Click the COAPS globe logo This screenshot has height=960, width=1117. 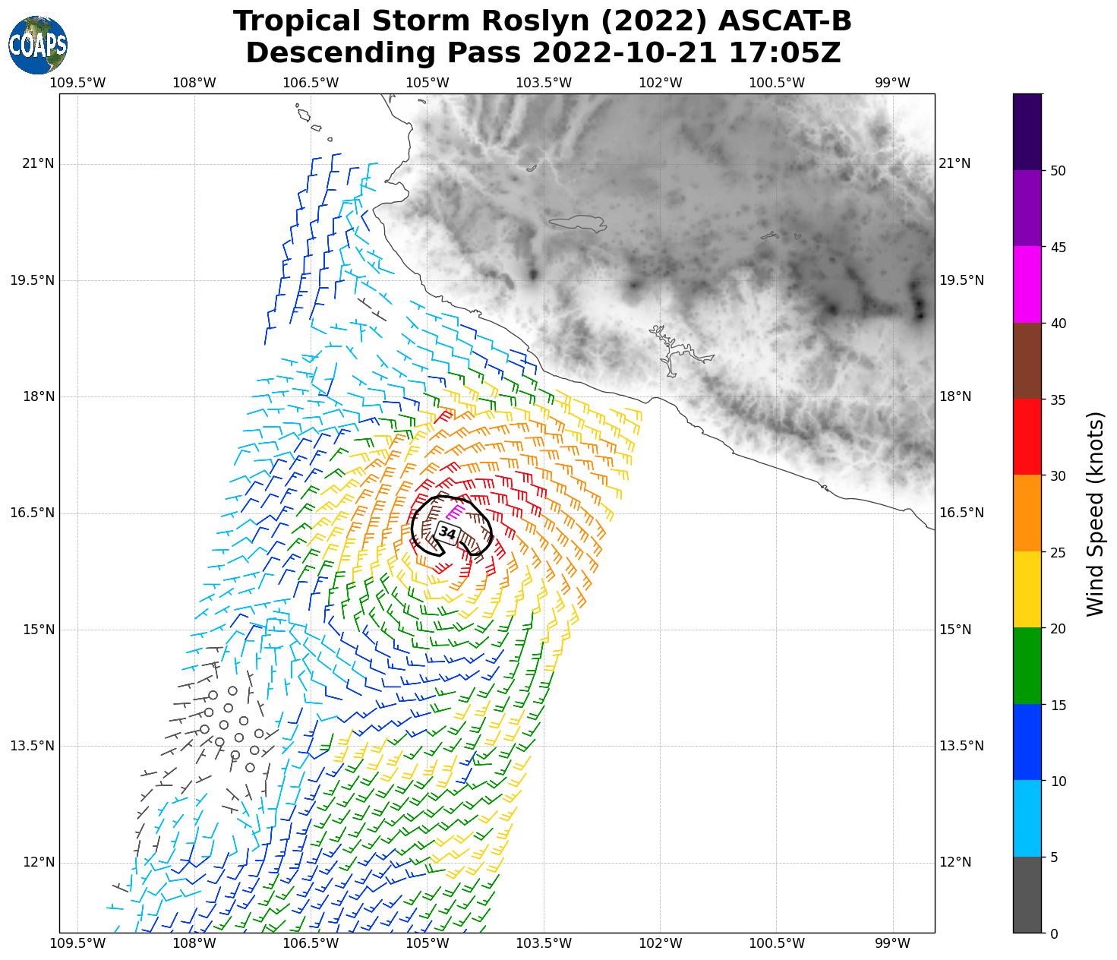(38, 45)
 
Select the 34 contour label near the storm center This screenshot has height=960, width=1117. (447, 532)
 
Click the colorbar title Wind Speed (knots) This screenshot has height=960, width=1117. (1094, 513)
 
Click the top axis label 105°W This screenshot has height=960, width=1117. (427, 82)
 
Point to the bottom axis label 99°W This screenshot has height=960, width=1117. (892, 943)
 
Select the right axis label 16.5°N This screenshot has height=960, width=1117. (961, 513)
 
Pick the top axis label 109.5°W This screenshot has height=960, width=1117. (77, 82)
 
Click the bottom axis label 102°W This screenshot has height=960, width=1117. (660, 943)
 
